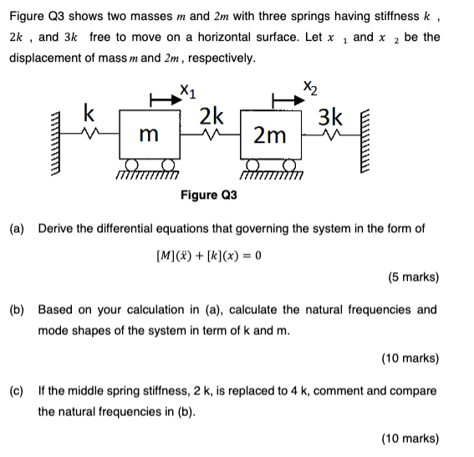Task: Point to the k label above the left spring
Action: (89, 113)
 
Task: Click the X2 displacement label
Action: (311, 86)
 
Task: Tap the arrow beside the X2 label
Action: (285, 100)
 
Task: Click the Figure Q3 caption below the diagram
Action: (209, 195)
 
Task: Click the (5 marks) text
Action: (413, 277)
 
